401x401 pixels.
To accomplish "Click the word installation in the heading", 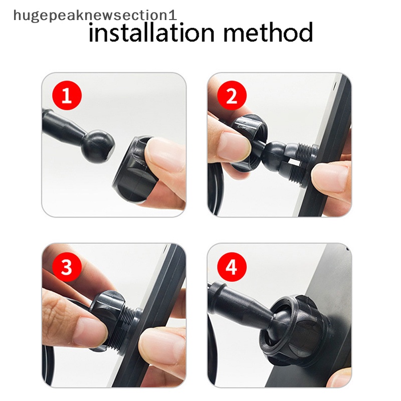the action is click(x=151, y=32).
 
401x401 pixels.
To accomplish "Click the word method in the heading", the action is click(x=268, y=32).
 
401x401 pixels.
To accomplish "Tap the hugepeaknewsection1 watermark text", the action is click(x=95, y=16).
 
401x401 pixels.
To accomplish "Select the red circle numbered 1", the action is click(x=67, y=95).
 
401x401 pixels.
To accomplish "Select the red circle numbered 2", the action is click(x=232, y=95).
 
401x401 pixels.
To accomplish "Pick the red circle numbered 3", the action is click(x=67, y=267).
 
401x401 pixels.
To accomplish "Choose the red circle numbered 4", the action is click(x=232, y=267).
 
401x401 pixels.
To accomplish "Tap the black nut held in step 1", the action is click(x=130, y=169).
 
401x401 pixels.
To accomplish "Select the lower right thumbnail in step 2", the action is click(x=330, y=178).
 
